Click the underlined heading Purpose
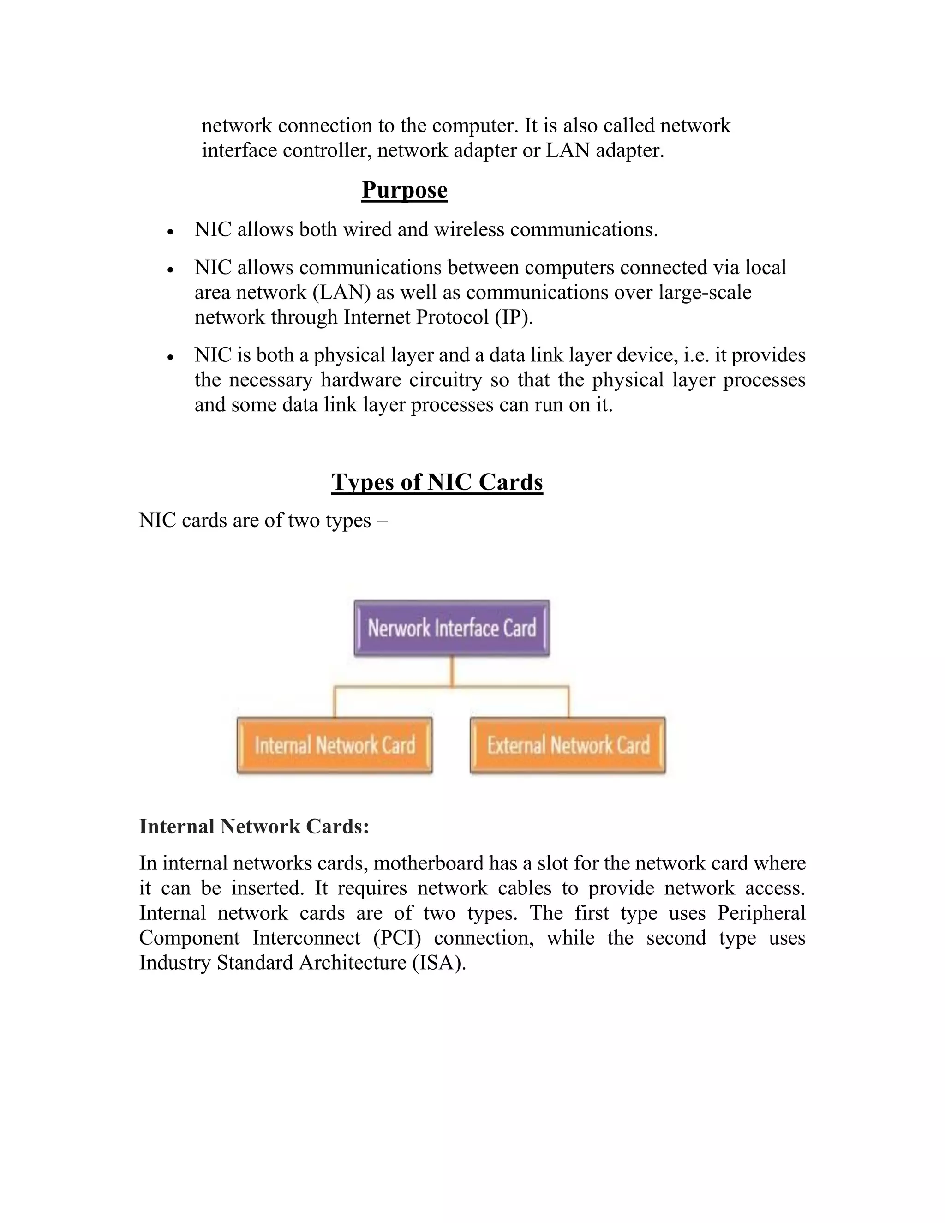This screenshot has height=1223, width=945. point(404,190)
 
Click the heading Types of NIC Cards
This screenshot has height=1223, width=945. point(437,481)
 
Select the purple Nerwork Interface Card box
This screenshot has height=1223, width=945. point(451,628)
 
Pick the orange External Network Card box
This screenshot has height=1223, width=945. point(568,745)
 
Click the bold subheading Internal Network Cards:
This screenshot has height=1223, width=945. point(254,827)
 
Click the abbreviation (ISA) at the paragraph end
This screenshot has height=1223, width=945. point(439,963)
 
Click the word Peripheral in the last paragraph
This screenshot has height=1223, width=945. point(761,913)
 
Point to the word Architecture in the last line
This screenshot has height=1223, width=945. point(353,963)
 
